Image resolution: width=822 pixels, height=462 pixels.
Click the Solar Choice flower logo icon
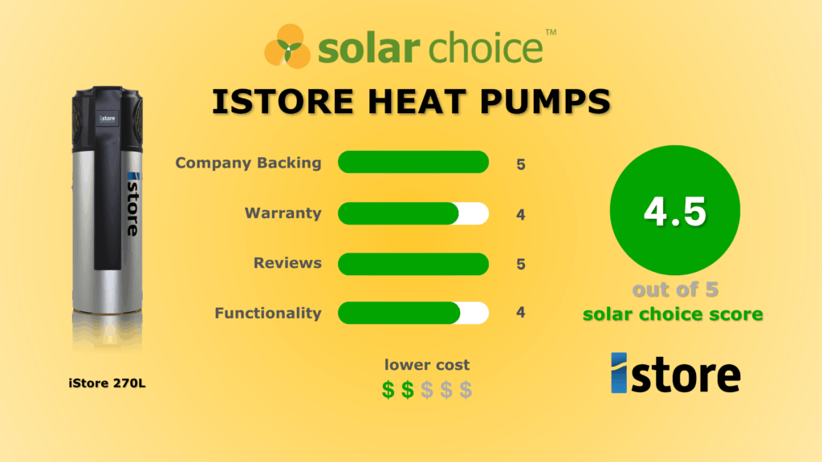pos(287,47)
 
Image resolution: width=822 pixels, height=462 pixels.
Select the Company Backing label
pos(248,163)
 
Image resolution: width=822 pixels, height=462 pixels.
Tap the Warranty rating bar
pos(413,213)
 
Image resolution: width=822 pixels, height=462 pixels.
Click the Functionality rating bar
pos(413,313)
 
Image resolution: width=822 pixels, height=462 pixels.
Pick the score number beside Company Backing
pos(521,164)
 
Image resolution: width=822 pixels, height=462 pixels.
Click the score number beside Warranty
pos(521,214)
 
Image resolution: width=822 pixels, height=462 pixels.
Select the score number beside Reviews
pos(521,264)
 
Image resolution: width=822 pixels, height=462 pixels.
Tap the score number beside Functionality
pos(521,313)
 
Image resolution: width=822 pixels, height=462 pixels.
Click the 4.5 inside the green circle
pos(674,212)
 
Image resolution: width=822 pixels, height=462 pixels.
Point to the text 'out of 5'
pos(673,290)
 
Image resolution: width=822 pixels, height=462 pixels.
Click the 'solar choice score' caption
pos(673,314)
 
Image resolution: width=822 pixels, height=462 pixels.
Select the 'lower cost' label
pos(427,365)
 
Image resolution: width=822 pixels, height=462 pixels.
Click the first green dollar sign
pos(389,390)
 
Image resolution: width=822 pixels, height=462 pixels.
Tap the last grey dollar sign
pos(466,390)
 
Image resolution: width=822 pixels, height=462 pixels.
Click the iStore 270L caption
pos(107,383)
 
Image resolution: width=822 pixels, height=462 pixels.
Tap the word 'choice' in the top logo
pos(485,49)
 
